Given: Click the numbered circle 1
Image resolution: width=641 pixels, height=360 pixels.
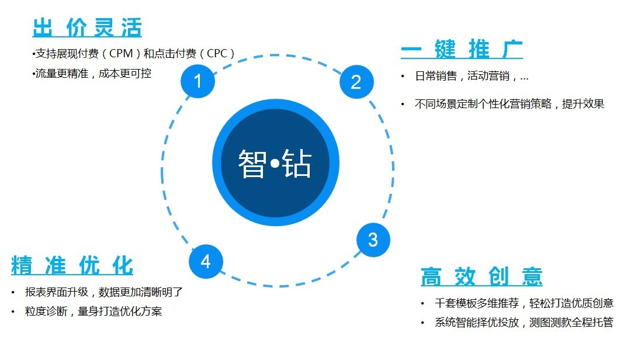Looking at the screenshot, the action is [198, 81].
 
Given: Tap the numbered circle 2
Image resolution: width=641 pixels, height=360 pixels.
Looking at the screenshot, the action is [356, 82].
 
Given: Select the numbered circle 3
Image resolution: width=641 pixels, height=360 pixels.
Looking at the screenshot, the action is [373, 240].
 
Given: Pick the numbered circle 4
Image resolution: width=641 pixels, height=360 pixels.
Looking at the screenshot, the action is [206, 261].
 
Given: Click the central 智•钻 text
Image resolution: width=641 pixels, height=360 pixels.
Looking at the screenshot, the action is [275, 163].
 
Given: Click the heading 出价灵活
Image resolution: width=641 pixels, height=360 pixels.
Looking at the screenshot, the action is [87, 27].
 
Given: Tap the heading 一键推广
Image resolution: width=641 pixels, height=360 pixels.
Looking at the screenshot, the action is [462, 49].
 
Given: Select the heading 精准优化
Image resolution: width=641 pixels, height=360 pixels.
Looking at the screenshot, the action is [72, 265].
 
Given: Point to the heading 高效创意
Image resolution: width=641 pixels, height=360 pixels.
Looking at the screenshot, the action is [481, 276].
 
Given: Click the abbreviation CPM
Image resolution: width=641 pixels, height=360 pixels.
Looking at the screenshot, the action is [121, 54].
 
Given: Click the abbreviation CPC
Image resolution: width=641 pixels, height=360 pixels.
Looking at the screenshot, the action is [217, 54].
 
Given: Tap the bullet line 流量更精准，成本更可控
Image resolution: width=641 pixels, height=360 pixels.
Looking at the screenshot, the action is [92, 73].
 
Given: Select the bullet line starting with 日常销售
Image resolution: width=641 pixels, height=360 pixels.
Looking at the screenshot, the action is [472, 76].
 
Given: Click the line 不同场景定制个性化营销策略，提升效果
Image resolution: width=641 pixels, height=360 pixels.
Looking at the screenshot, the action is [510, 103].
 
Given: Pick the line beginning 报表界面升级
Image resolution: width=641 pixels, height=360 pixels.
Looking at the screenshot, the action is [104, 292].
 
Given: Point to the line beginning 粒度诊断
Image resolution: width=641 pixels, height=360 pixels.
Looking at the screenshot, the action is [93, 311].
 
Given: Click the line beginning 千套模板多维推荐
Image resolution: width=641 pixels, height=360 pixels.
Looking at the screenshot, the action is [524, 303].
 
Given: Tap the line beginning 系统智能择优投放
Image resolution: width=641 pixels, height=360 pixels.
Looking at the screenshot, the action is [524, 322].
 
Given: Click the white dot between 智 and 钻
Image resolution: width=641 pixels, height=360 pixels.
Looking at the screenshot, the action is [275, 164].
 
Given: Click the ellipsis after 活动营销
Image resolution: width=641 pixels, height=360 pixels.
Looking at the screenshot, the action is [525, 78].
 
